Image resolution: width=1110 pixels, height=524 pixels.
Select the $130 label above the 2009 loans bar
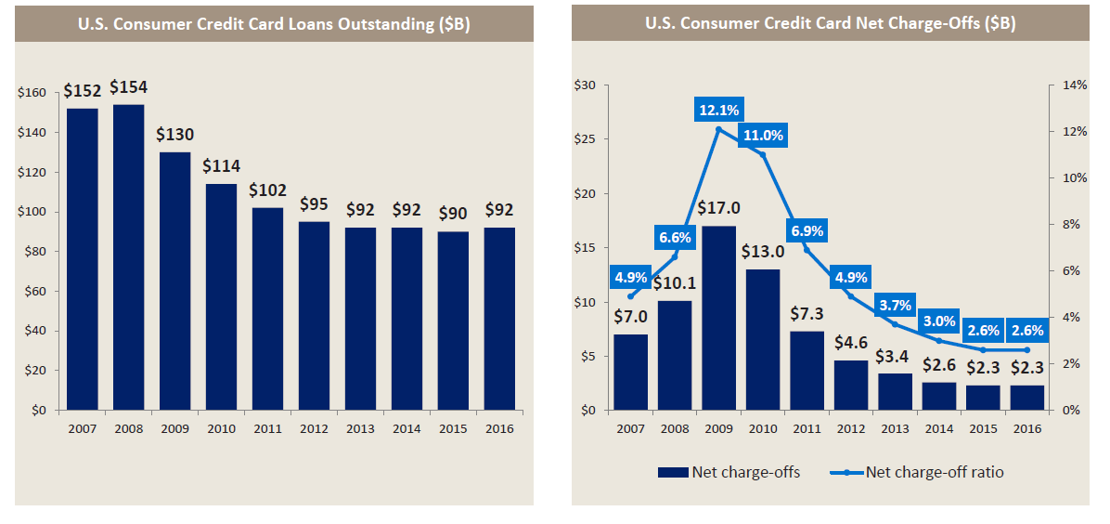174,134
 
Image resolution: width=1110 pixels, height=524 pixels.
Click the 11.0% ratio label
764,136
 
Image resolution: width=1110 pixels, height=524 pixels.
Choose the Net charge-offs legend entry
729,472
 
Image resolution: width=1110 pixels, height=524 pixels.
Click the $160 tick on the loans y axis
32,93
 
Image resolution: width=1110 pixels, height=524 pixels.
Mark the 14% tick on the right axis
1074,85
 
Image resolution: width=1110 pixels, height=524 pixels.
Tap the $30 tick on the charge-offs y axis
586,85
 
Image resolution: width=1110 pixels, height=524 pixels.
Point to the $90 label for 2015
453,214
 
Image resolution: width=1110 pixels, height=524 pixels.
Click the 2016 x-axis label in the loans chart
499,428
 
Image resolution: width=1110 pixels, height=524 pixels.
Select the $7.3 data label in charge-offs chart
807,314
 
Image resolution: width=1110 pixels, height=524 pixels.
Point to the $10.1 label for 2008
675,283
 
